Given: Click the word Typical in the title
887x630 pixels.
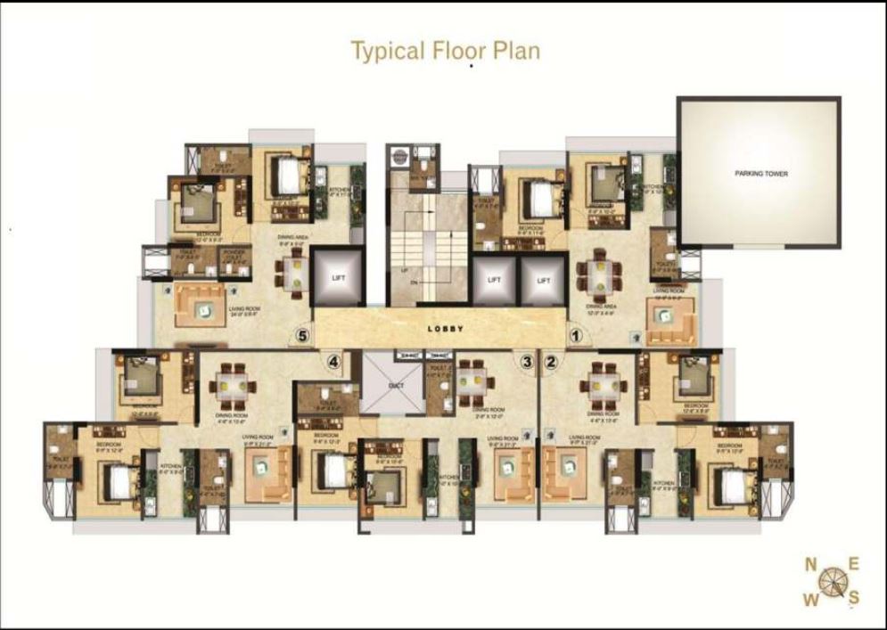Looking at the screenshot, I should coord(385,51).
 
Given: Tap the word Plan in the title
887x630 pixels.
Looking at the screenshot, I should coord(518,51).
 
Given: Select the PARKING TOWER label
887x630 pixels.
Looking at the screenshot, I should coord(760,174).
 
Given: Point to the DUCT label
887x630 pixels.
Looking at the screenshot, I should coord(396,385).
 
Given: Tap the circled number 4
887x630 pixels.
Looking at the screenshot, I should coord(333,362).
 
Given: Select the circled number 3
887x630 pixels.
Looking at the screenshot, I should coord(527,362).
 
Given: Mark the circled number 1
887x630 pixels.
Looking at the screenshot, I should coord(576,336).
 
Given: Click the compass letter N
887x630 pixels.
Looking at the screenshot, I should coord(810,564).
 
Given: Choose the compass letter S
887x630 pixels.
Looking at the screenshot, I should coord(853,597).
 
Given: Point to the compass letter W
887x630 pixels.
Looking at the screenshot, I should coord(810,599).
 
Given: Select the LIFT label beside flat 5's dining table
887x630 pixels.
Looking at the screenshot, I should coord(338,278).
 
